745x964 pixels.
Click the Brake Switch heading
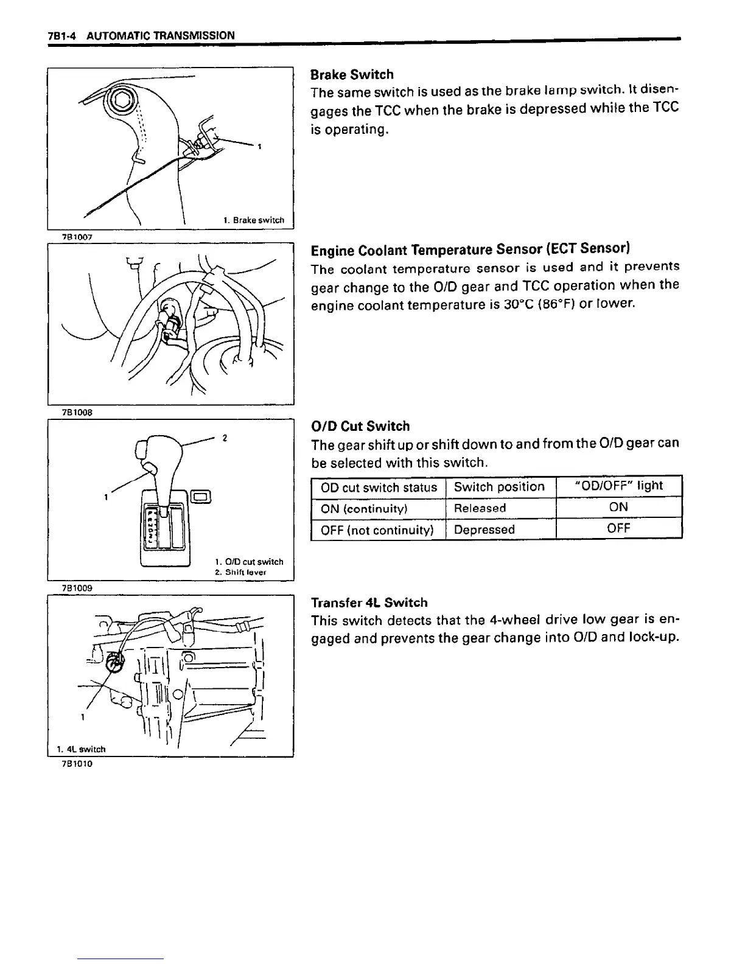(352, 75)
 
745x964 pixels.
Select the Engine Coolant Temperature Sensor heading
(470, 250)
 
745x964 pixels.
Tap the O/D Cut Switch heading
(360, 426)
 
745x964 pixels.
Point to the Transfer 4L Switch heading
(369, 602)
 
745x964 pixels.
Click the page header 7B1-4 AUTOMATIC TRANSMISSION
(141, 35)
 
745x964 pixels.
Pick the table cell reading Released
(480, 508)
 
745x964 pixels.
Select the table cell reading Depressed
(484, 529)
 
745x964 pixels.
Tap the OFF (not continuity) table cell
(377, 530)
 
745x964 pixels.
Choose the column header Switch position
(499, 487)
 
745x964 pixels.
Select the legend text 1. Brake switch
(253, 220)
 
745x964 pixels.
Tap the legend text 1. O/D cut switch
(249, 562)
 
